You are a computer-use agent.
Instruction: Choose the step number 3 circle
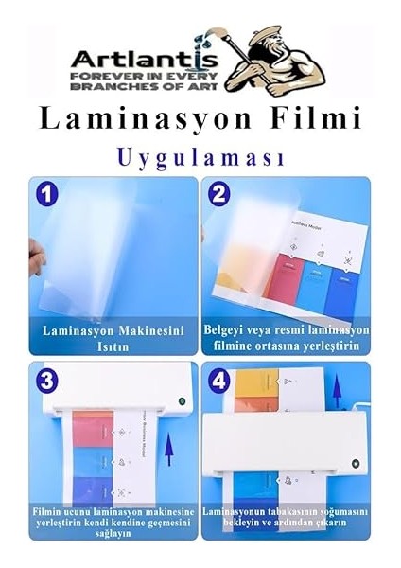tap(45, 381)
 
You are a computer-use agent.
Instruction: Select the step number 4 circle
tap(219, 381)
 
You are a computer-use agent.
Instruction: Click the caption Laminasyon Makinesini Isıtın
tap(114, 338)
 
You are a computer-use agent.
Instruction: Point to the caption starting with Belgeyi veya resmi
tap(287, 338)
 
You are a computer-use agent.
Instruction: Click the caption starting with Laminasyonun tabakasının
tap(287, 517)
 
